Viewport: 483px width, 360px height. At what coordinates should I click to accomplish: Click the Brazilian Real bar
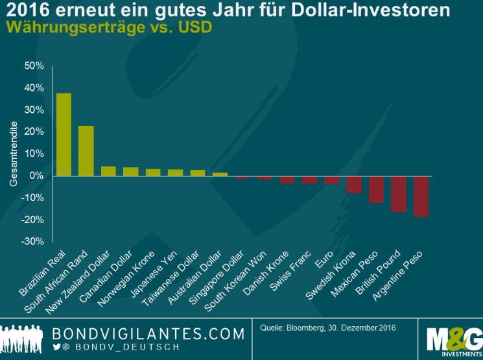64,134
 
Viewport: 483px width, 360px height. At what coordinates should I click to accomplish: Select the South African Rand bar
86,150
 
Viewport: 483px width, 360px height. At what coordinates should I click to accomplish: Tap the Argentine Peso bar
421,196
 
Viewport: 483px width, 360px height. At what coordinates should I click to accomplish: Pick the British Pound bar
399,194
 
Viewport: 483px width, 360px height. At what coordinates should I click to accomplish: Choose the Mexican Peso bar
376,189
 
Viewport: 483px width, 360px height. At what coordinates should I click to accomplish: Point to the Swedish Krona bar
354,184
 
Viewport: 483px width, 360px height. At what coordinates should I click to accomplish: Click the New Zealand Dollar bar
108,171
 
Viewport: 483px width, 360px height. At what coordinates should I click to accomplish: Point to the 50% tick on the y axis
34,66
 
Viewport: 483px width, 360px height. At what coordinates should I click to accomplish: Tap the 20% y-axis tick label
34,132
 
